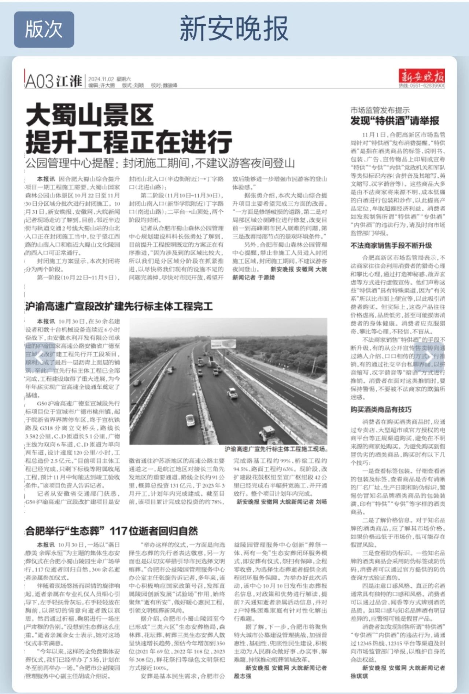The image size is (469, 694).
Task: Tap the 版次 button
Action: pyautogui.click(x=44, y=29)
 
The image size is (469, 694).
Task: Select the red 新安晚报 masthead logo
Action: pyautogui.click(x=422, y=77)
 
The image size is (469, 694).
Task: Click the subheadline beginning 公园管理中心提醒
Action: pyautogui.click(x=160, y=163)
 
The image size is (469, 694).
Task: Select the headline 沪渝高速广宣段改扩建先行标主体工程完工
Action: pyautogui.click(x=119, y=306)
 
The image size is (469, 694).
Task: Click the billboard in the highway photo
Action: pyautogui.click(x=223, y=344)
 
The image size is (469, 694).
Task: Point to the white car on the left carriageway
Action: pyautogui.click(x=190, y=419)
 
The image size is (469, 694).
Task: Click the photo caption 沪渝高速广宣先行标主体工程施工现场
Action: pyautogui.click(x=276, y=449)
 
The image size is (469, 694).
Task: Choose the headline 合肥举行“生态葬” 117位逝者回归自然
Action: pyautogui.click(x=112, y=530)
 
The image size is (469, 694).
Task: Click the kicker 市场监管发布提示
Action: pyautogui.click(x=380, y=110)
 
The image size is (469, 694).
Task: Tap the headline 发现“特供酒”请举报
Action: pyautogui.click(x=395, y=121)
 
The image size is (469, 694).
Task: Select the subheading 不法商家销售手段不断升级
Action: pyautogui.click(x=391, y=245)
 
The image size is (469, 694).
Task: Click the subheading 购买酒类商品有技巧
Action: pyautogui.click(x=381, y=409)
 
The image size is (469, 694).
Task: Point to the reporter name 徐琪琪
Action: pyautogui.click(x=359, y=676)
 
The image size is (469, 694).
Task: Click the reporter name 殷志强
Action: pyautogui.click(x=243, y=676)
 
